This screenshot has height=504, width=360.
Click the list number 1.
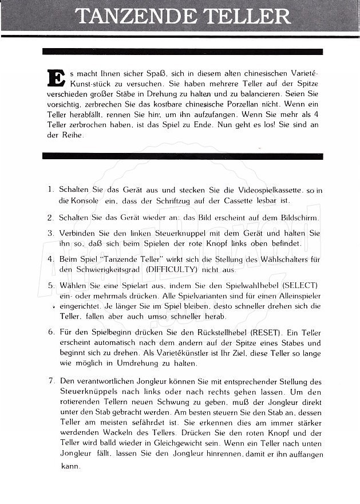50,189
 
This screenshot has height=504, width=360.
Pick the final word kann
69,466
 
